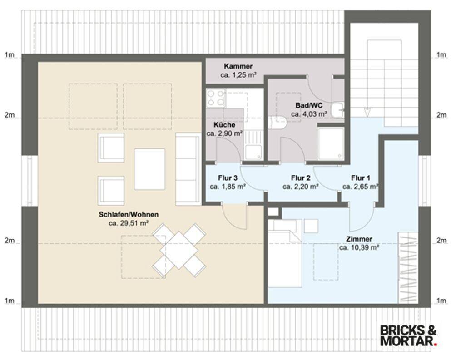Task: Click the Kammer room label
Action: click(238, 66)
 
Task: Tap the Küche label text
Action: click(224, 125)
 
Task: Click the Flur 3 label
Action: click(228, 178)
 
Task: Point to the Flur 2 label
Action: click(301, 178)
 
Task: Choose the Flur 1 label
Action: click(361, 178)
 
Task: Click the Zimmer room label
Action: click(359, 239)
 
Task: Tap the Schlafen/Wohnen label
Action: click(129, 215)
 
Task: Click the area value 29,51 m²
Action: click(129, 223)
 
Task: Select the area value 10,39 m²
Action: click(359, 247)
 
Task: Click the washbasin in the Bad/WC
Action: click(337, 110)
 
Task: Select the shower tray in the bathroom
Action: click(331, 143)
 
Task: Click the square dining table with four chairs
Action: click(178, 250)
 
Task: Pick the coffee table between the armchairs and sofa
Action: click(149, 169)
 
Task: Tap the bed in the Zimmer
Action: click(285, 253)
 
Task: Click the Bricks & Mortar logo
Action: click(409, 335)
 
